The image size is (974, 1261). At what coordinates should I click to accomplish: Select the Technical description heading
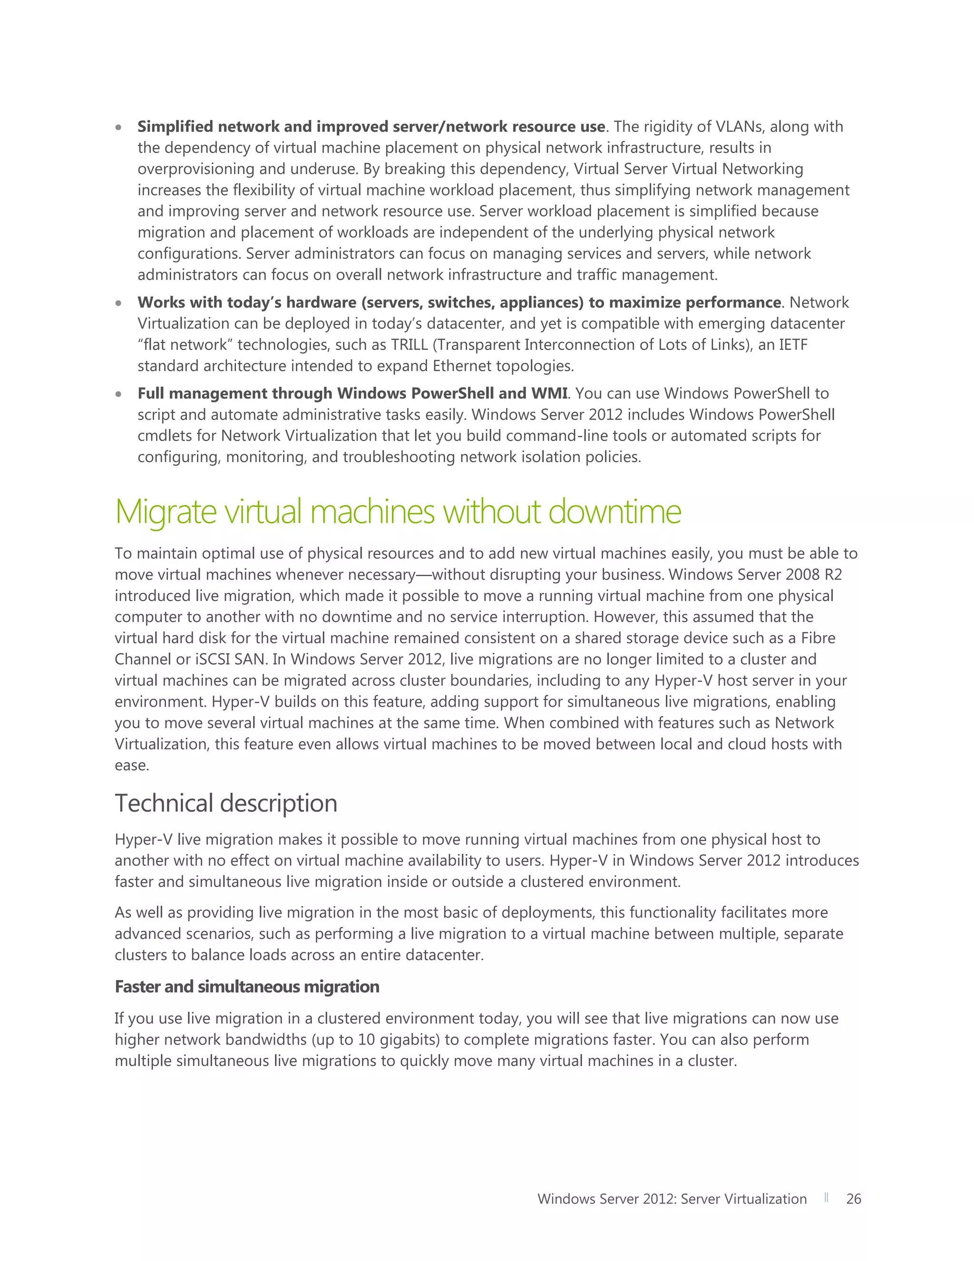225,803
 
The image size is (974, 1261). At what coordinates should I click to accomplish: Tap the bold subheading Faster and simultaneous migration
247,987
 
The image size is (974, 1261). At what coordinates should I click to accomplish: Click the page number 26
853,1199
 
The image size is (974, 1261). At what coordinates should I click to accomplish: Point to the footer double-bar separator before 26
826,1198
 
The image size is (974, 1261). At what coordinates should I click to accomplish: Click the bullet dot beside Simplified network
118,127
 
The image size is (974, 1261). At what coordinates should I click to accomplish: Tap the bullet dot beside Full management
118,394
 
